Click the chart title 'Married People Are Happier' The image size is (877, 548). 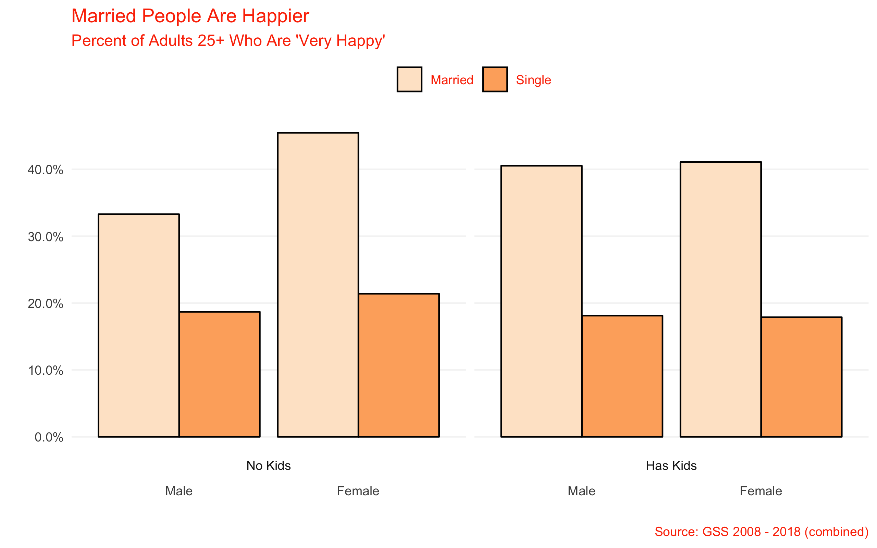point(190,16)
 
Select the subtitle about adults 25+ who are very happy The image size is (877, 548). point(228,41)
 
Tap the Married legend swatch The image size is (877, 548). point(409,79)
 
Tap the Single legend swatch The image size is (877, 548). point(495,79)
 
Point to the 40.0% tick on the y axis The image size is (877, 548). point(45,170)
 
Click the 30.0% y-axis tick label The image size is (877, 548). point(45,237)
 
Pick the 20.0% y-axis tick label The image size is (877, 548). point(45,303)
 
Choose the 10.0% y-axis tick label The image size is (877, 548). point(45,370)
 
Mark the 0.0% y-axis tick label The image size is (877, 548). point(49,437)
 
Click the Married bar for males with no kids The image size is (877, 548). point(139,325)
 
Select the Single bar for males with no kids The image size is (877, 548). point(220,374)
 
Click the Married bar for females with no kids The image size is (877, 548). point(318,285)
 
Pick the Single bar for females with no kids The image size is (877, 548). point(399,365)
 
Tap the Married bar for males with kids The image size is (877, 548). point(541,301)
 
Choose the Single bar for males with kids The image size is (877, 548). point(622,376)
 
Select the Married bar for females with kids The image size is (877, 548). point(721,299)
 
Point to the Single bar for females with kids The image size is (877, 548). point(802,377)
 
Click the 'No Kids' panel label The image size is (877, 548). point(269,466)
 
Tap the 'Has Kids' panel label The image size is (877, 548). point(671,466)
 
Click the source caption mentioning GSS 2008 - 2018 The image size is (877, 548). point(762,532)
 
